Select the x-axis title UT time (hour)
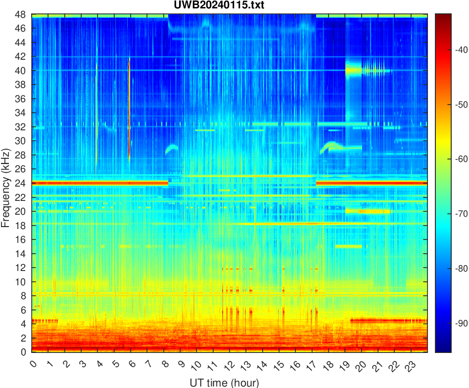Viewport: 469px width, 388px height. point(224,382)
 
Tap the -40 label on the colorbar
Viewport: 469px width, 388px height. point(454,49)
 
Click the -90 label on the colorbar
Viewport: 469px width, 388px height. point(454,323)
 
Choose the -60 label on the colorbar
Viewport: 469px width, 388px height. point(454,159)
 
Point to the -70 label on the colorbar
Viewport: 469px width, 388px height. point(454,214)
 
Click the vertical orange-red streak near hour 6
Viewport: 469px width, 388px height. point(129,109)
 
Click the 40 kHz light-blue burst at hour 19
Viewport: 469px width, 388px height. point(353,70)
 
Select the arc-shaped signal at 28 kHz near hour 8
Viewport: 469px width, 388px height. point(172,148)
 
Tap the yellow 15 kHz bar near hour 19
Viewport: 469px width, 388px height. point(348,246)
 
